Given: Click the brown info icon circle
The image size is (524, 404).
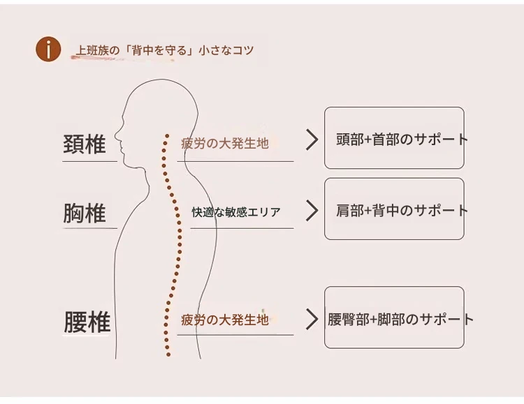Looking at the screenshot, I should coord(48,50).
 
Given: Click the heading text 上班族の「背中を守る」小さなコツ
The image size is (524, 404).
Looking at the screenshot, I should coord(164,51).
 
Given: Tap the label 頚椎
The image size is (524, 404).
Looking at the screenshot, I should coord(85,144).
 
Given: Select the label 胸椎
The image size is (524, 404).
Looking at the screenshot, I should coord(85,213).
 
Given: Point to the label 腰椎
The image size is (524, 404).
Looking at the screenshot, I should coord(87,322).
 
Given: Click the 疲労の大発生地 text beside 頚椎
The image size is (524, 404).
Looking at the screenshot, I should coord(224,144).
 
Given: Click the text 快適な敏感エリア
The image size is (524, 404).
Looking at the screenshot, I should coord(236,211).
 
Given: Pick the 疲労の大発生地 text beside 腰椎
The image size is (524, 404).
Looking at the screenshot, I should coord(224,320).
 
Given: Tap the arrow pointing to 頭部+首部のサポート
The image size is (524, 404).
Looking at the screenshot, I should coord(312,140).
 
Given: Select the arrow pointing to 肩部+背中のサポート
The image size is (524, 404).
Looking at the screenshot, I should coord(312,210).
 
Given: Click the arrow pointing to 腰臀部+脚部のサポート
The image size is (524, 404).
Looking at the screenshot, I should coord(312,320).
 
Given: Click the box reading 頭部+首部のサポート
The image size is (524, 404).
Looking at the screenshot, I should coord(394,138).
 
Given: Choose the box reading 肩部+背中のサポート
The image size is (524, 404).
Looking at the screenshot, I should coord(394,209).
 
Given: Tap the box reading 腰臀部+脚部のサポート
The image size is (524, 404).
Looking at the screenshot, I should coord(394,318).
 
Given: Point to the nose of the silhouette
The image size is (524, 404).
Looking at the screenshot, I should coord(115,137).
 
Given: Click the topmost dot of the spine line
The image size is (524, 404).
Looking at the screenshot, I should coord(167,135).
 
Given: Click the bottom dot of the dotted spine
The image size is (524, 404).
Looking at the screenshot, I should coord(168,354).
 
